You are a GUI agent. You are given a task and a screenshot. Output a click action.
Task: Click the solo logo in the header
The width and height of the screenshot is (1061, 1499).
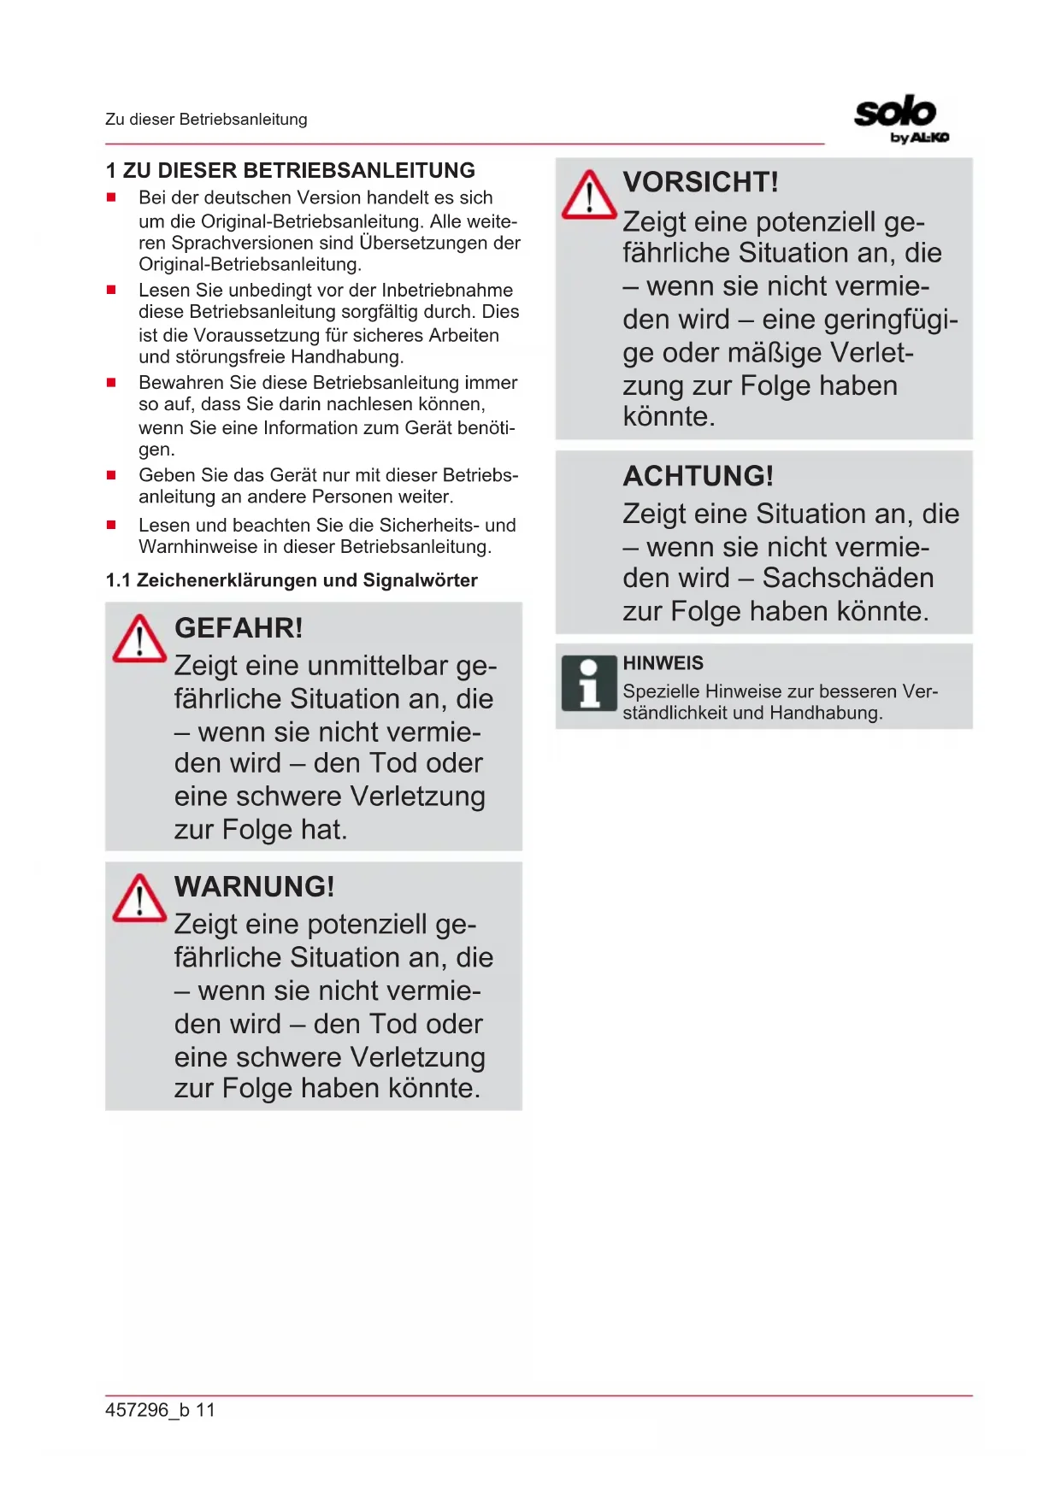[895, 112]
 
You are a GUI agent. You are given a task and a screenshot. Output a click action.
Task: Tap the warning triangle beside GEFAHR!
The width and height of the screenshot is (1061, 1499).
[139, 639]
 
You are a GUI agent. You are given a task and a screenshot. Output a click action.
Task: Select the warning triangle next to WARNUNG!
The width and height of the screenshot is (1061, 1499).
[139, 899]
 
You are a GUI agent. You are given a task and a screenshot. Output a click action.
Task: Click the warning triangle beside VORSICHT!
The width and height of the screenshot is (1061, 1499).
[589, 196]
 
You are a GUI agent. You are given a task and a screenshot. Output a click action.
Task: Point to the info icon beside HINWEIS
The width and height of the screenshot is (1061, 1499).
[589, 684]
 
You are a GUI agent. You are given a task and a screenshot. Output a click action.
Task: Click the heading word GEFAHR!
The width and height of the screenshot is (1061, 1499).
[239, 628]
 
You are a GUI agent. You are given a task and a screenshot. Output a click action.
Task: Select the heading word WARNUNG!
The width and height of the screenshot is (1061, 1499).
[254, 887]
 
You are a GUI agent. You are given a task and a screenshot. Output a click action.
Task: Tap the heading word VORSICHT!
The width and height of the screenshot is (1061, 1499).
[700, 182]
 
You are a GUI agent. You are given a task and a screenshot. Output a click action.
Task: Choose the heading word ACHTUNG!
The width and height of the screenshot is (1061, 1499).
[698, 476]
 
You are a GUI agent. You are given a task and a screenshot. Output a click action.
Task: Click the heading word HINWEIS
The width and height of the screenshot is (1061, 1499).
[663, 663]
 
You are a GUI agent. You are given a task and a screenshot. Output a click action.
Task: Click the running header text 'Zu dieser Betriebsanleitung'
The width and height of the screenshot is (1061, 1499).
[206, 120]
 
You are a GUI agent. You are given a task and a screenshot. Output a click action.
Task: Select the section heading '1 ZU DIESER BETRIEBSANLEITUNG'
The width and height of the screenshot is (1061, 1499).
[290, 170]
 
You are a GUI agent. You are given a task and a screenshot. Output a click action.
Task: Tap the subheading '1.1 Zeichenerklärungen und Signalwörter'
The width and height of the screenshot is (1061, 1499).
[292, 580]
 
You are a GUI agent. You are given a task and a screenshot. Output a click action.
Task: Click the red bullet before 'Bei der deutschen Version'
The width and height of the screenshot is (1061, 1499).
[111, 197]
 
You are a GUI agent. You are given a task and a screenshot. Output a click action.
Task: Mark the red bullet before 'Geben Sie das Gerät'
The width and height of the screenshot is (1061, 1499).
[111, 475]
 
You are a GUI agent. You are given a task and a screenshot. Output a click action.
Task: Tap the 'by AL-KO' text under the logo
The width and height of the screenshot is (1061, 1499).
[919, 138]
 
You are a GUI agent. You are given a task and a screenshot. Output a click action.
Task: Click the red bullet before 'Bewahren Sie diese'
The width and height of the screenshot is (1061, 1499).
[111, 383]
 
